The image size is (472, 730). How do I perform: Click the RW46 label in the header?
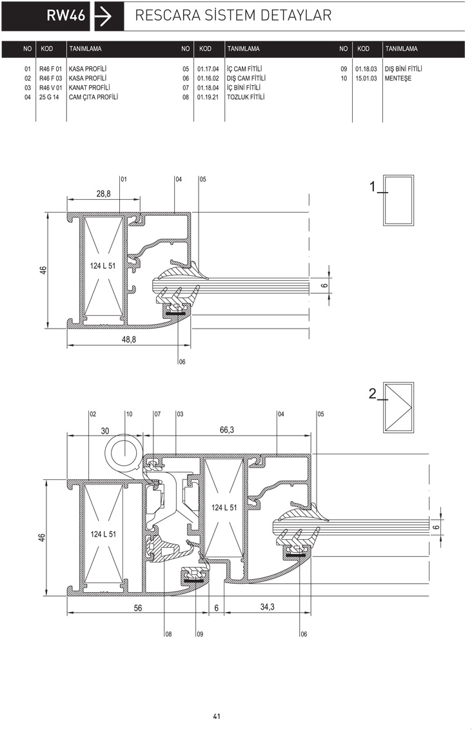click(66, 15)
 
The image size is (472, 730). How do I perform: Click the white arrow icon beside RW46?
click(103, 17)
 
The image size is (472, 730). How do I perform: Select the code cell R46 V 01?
click(50, 88)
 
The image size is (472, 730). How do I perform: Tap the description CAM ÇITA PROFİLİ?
click(93, 97)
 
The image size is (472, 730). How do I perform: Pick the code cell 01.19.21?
click(208, 97)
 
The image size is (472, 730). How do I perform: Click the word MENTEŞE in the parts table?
click(398, 78)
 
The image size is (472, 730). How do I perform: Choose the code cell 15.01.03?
click(366, 78)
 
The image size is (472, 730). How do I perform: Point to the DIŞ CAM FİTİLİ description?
click(246, 78)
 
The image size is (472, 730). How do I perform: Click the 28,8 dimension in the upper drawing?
click(103, 194)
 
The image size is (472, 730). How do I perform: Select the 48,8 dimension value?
click(128, 340)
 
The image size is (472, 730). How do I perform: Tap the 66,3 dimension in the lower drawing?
click(226, 430)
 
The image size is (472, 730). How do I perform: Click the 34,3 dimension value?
click(267, 607)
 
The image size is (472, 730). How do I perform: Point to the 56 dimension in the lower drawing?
click(138, 608)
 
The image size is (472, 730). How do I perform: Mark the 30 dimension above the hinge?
click(105, 431)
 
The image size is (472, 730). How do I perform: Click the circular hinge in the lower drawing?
click(123, 454)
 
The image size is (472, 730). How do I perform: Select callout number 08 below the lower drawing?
click(168, 634)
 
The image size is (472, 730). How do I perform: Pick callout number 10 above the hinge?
click(129, 414)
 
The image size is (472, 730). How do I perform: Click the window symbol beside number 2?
click(399, 407)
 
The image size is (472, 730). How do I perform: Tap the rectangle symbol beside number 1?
click(398, 200)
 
